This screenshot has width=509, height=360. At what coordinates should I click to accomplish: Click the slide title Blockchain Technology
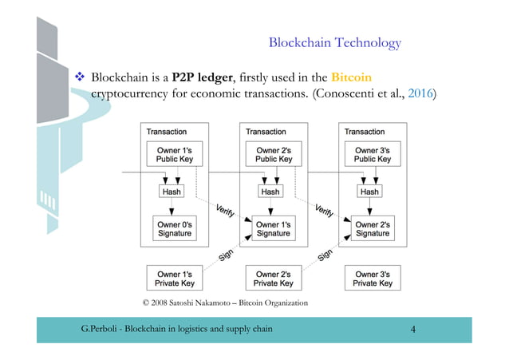pyautogui.click(x=334, y=42)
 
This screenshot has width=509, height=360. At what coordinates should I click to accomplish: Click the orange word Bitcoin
pyautogui.click(x=352, y=78)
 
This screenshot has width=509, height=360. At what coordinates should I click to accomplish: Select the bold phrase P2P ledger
pyautogui.click(x=203, y=78)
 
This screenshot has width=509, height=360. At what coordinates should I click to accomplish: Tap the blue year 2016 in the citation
pyautogui.click(x=420, y=94)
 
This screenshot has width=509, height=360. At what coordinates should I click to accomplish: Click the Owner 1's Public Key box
pyautogui.click(x=175, y=155)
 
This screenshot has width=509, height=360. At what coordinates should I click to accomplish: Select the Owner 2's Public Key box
pyautogui.click(x=274, y=155)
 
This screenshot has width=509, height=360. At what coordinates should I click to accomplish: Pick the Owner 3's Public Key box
pyautogui.click(x=373, y=155)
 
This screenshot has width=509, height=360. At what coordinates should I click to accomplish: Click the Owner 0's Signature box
pyautogui.click(x=175, y=229)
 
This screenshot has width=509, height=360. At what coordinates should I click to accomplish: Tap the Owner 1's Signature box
pyautogui.click(x=274, y=229)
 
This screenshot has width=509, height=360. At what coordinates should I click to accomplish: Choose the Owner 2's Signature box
pyautogui.click(x=373, y=229)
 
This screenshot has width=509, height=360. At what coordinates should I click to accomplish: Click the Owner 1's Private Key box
pyautogui.click(x=175, y=279)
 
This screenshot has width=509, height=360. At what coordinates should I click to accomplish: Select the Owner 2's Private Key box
pyautogui.click(x=274, y=279)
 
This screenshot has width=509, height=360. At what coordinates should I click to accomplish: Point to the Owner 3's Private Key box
pyautogui.click(x=373, y=279)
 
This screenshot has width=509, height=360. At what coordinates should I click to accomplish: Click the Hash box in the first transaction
pyautogui.click(x=172, y=192)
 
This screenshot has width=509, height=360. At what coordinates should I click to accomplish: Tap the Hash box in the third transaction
pyautogui.click(x=369, y=192)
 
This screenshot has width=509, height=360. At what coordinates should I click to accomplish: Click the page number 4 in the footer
pyautogui.click(x=413, y=329)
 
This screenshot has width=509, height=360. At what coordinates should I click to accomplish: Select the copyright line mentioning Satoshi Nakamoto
pyautogui.click(x=224, y=303)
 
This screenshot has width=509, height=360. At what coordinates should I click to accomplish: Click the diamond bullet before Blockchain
pyautogui.click(x=80, y=79)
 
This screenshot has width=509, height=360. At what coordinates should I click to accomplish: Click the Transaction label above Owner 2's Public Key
pyautogui.click(x=266, y=132)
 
